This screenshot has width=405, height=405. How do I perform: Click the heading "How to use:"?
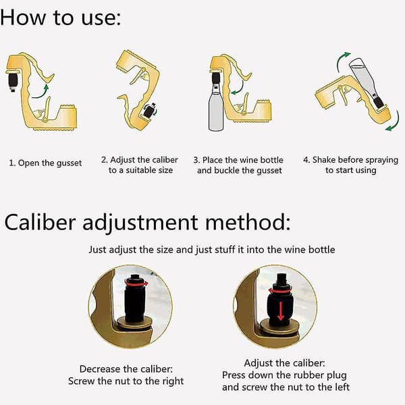click(x=61, y=18)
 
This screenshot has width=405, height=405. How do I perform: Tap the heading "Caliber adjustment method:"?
click(x=147, y=222)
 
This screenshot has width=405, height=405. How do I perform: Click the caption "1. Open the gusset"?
click(x=45, y=163)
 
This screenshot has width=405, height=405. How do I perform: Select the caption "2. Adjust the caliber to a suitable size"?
click(x=140, y=165)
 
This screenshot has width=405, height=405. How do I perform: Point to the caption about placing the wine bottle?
click(x=238, y=165)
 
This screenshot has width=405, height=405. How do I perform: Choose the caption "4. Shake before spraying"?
click(x=351, y=160)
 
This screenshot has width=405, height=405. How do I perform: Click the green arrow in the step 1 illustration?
click(x=40, y=92)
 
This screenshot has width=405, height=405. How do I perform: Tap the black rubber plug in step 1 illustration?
click(x=12, y=82)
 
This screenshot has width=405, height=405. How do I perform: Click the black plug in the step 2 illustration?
click(x=149, y=111)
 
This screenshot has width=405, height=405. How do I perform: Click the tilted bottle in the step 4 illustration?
click(x=366, y=82)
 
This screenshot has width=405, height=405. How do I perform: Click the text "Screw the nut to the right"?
click(x=126, y=381)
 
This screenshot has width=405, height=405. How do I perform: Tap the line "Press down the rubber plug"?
click(x=284, y=375)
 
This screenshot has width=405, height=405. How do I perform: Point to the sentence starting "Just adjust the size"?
click(x=212, y=250)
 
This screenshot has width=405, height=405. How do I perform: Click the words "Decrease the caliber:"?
click(x=126, y=369)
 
